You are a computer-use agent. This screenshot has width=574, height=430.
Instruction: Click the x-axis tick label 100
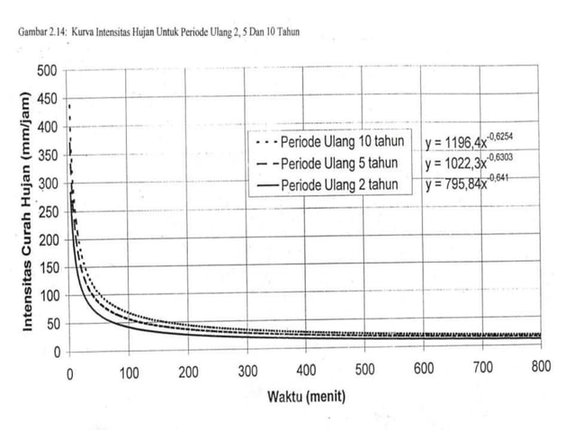[x=129, y=372]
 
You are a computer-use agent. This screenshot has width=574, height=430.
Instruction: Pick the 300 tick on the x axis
[x=247, y=372]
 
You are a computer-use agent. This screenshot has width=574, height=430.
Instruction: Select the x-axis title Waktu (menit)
[x=305, y=395]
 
